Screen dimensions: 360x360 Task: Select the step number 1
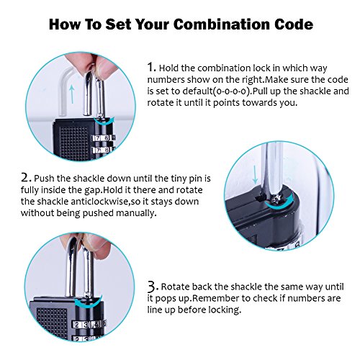[x=151, y=67]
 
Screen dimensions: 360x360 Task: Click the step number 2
[x=26, y=178]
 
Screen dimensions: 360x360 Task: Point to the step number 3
[x=153, y=286]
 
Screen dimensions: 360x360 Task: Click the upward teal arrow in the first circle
[x=72, y=94]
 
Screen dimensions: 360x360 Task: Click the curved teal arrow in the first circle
[x=104, y=122]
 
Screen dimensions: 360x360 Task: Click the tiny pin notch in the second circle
[x=258, y=198]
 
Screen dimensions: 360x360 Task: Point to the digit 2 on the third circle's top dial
[x=77, y=325]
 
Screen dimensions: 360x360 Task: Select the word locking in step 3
[x=225, y=310]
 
